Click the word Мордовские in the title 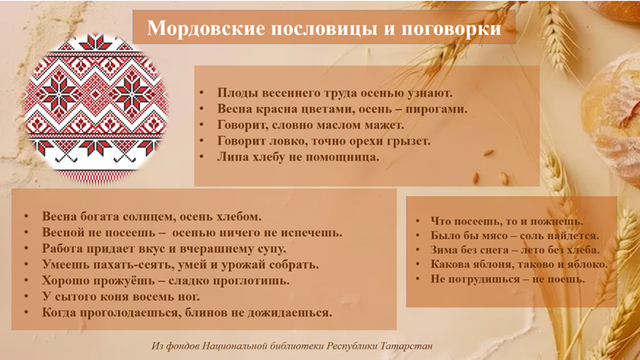coord(206,29)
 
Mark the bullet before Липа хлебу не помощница coord(202,157)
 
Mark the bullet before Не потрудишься coord(418,279)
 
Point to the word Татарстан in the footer coord(406,346)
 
